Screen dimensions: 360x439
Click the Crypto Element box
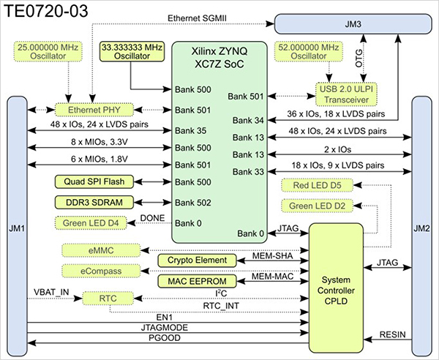pyautogui.click(x=198, y=260)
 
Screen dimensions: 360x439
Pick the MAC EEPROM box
pyautogui.click(x=198, y=281)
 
